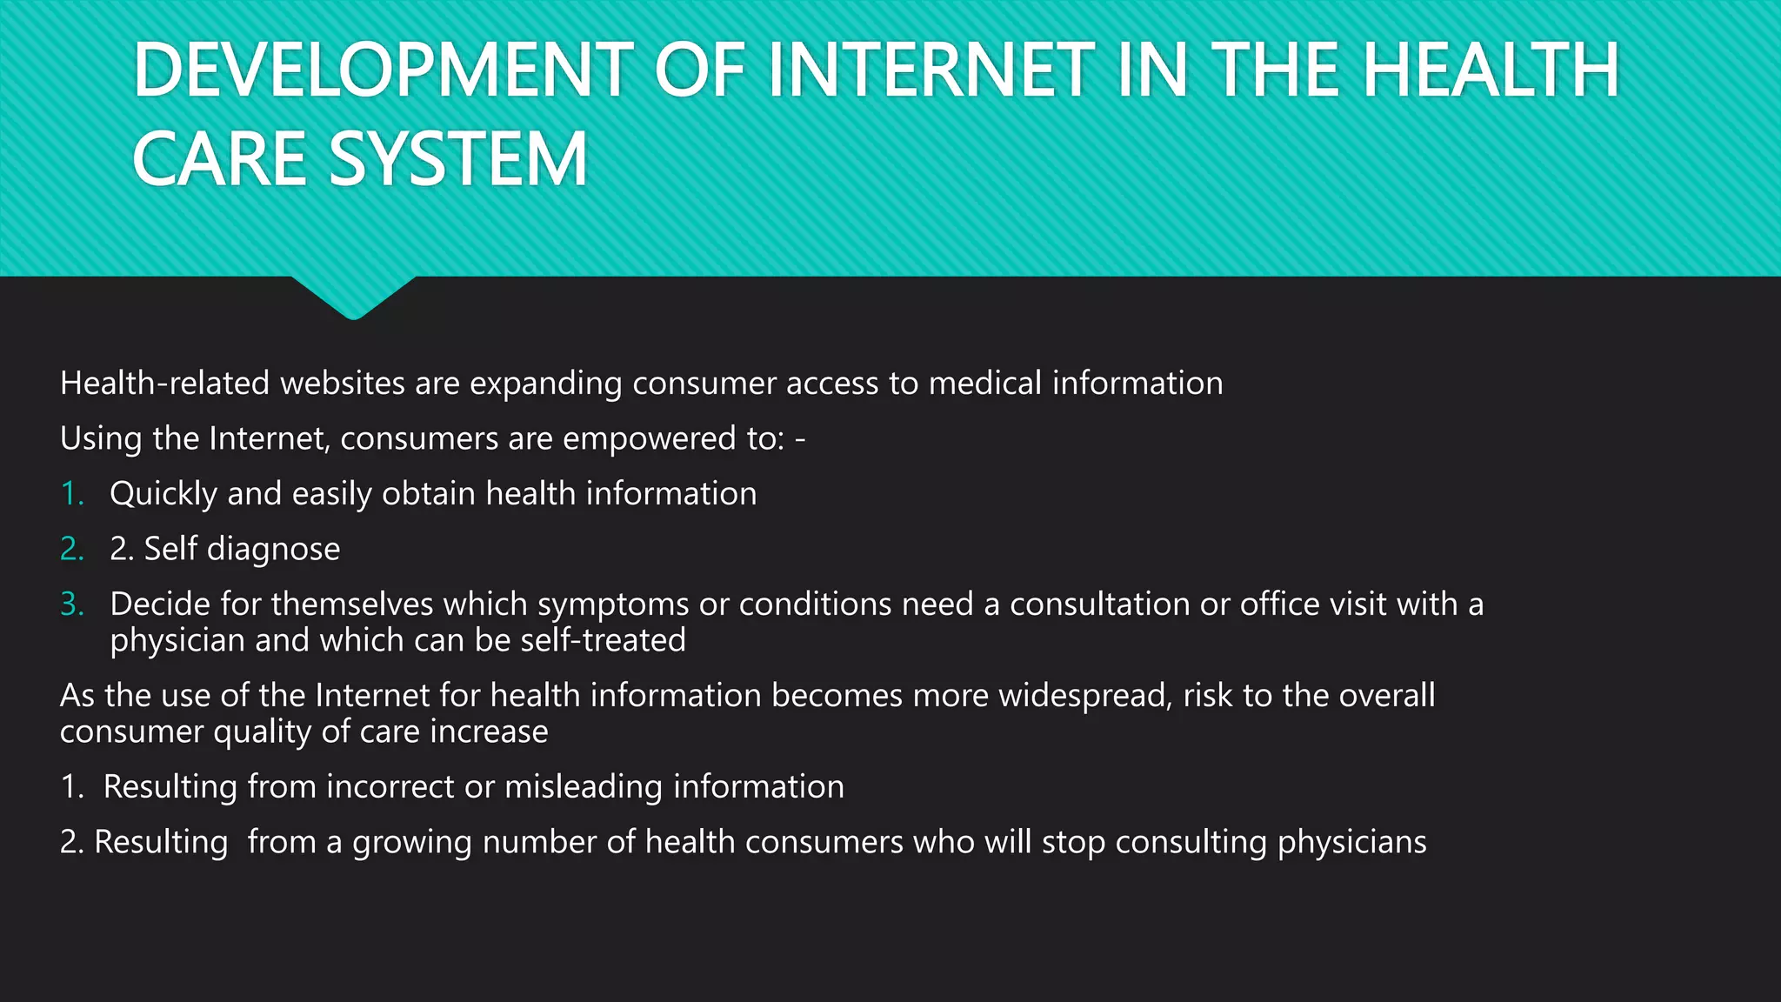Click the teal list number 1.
(71, 494)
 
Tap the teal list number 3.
(72, 604)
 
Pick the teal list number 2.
(72, 549)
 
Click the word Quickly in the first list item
(163, 494)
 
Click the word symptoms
(613, 605)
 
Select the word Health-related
(164, 384)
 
